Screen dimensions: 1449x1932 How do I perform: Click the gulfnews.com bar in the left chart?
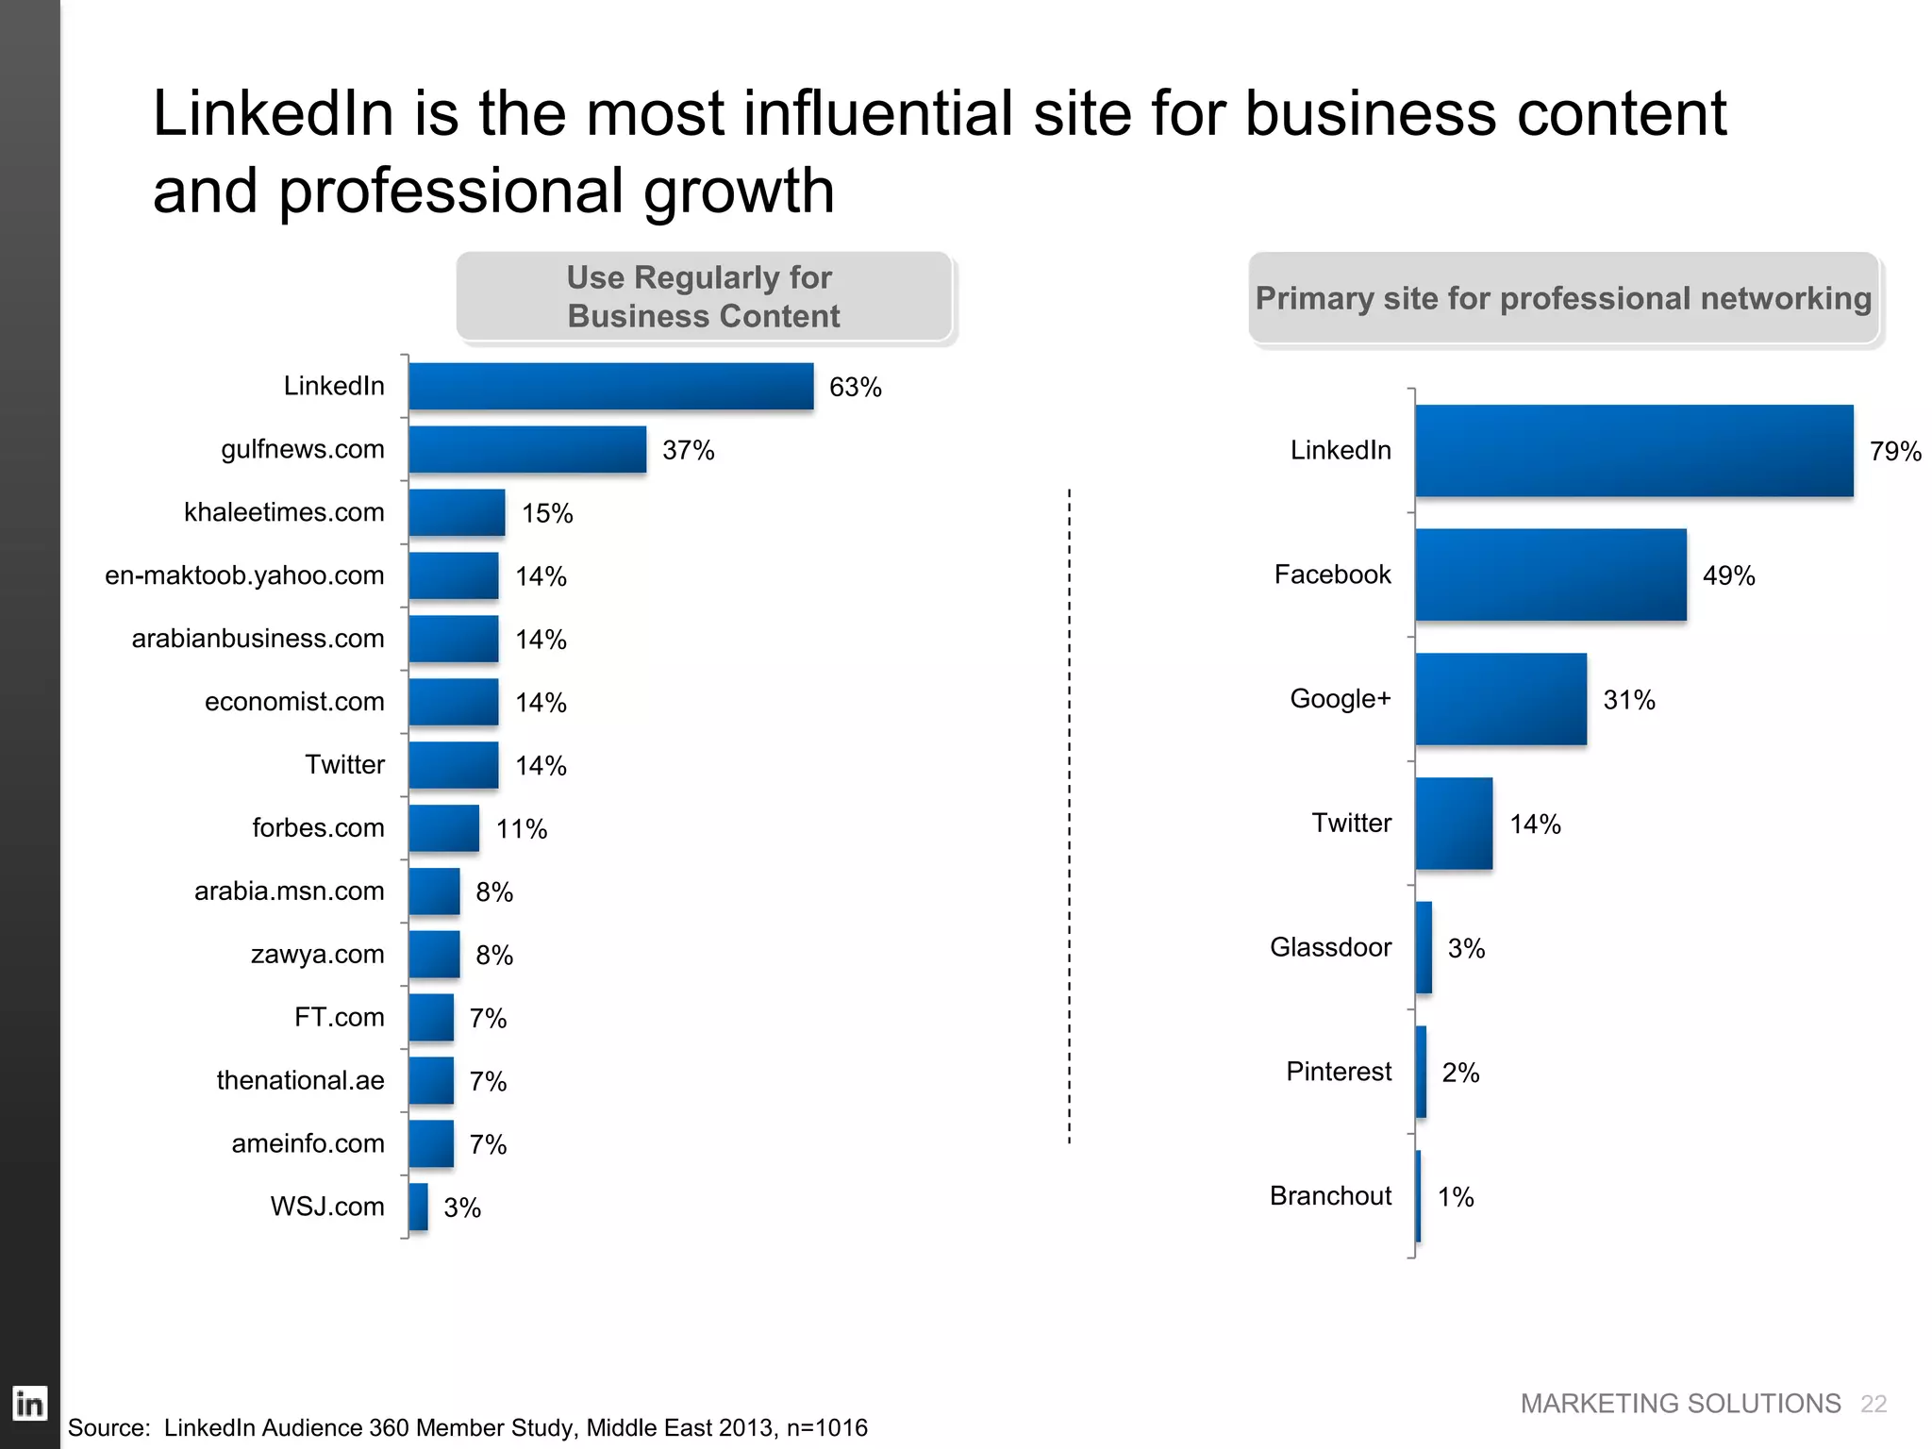click(x=527, y=449)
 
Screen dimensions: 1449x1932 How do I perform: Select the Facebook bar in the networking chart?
click(x=1550, y=575)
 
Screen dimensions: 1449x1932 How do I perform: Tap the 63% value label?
click(x=855, y=388)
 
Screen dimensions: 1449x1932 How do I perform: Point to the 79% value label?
click(x=1894, y=452)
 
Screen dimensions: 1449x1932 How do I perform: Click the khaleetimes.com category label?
click(x=284, y=512)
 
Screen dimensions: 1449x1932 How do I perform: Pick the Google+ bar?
click(x=1500, y=699)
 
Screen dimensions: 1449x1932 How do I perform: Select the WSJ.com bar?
click(x=418, y=1207)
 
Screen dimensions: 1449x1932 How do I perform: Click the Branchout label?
click(x=1330, y=1196)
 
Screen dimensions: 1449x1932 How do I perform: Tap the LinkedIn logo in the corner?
click(x=29, y=1404)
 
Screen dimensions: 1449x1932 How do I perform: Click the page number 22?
click(x=1873, y=1404)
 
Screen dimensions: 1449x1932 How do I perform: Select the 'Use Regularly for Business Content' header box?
click(x=704, y=296)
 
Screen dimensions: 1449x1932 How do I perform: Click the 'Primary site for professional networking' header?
click(x=1563, y=298)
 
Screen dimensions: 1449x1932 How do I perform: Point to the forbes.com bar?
click(x=443, y=828)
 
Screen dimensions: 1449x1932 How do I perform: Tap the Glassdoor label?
click(x=1330, y=947)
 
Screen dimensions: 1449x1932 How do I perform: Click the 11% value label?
click(x=522, y=829)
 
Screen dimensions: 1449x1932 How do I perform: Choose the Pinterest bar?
click(x=1421, y=1072)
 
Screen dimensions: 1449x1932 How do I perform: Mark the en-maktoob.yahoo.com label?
click(x=244, y=575)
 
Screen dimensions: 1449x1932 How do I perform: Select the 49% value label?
click(x=1728, y=575)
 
